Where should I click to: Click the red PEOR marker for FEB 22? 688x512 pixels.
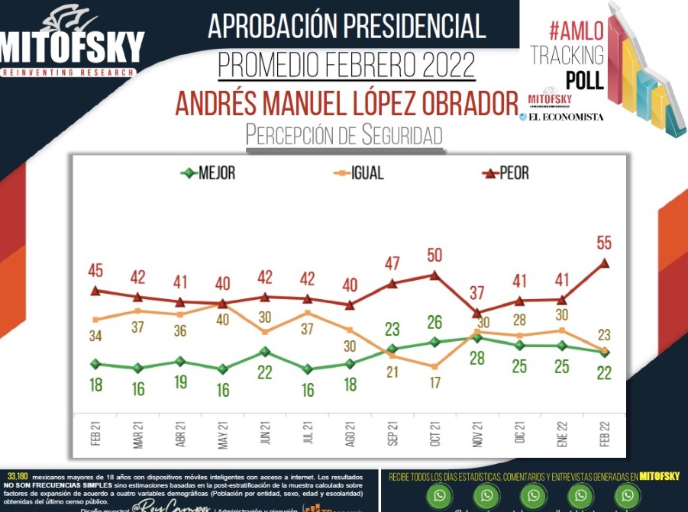(x=605, y=262)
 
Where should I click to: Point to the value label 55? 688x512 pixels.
(x=605, y=243)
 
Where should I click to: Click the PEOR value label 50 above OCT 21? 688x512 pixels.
(x=434, y=255)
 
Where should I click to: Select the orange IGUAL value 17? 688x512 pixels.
(x=434, y=383)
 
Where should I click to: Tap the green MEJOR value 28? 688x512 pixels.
(x=477, y=358)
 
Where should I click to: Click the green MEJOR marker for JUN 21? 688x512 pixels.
(x=265, y=352)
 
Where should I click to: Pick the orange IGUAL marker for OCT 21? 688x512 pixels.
(x=434, y=366)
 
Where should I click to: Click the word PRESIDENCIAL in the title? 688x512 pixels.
(x=404, y=27)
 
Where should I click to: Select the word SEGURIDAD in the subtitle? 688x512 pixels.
(x=396, y=136)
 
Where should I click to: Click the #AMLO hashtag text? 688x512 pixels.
(x=577, y=31)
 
